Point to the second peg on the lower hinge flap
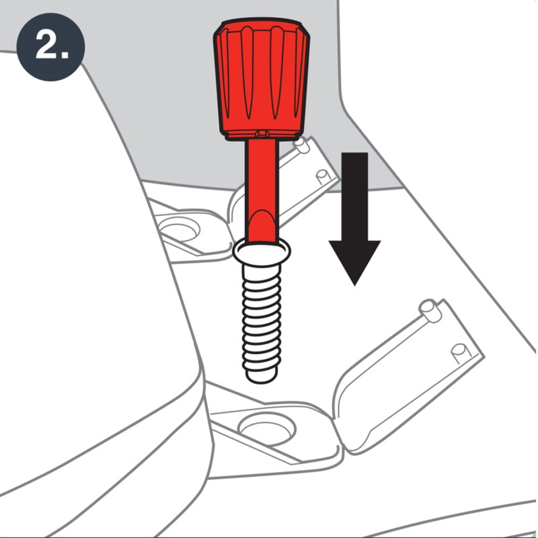pos(459,350)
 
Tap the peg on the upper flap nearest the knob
pos(301,143)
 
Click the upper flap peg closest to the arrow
pos(323,175)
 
